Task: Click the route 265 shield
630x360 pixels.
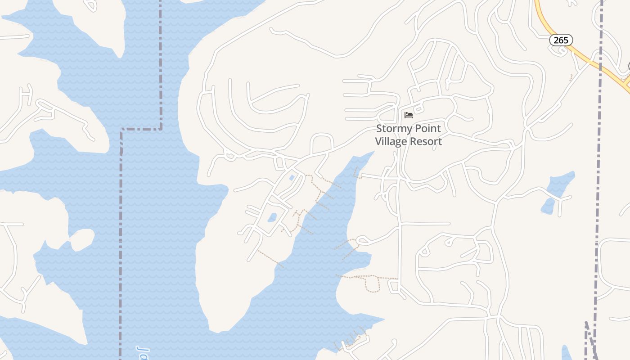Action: [561, 40]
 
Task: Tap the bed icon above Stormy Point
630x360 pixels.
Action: [409, 115]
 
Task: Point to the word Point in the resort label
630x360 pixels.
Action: [428, 129]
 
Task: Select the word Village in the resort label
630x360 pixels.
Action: [392, 141]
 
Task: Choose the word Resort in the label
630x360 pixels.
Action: [427, 141]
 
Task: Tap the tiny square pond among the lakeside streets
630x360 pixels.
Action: [292, 178]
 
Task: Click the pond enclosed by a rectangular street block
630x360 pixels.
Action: [272, 218]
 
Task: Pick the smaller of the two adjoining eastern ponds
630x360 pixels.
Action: [548, 206]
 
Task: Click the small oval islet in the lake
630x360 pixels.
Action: [82, 240]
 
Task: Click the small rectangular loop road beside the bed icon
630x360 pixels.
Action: [418, 108]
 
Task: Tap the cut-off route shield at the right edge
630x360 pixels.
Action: [628, 67]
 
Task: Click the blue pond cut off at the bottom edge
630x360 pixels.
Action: [566, 353]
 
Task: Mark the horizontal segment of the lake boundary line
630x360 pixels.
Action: [141, 129]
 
